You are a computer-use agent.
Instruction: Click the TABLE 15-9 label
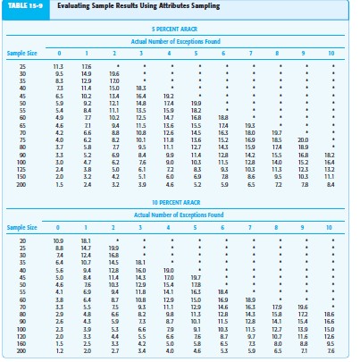(x=22, y=6)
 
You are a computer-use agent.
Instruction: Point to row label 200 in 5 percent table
(x=21, y=183)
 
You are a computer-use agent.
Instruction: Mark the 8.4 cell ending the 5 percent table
(x=331, y=183)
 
